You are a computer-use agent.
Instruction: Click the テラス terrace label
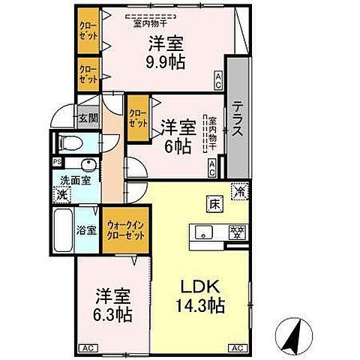236,120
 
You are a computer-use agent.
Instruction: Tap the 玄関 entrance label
88,118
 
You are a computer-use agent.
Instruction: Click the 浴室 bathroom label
86,230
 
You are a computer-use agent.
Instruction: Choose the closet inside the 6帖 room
137,118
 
